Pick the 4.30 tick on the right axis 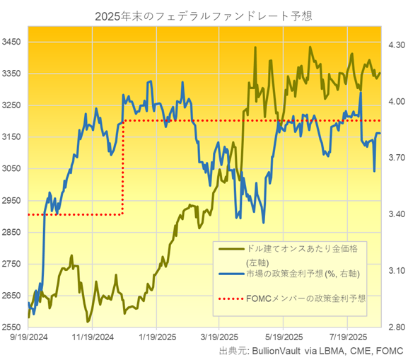point(395,45)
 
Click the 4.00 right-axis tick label point(395,101)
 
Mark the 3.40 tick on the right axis point(395,214)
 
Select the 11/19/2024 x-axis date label point(94,337)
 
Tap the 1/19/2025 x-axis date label point(157,337)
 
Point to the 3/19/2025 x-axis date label point(220,337)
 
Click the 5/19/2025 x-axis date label point(284,337)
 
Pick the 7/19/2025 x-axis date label point(348,337)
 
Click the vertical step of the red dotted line point(124,168)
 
